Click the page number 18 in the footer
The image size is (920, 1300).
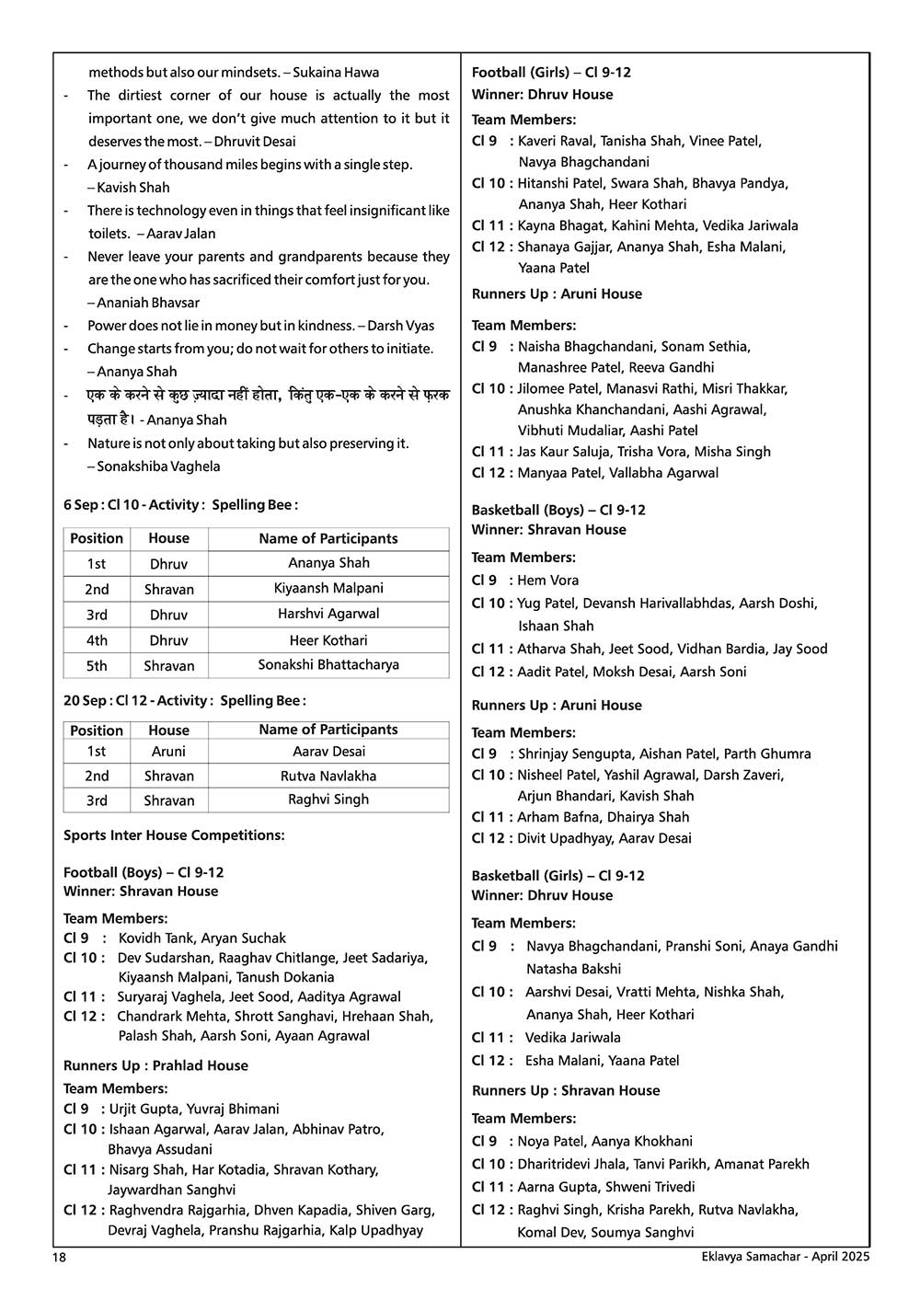(x=60, y=1257)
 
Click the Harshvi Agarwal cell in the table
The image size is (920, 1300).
(x=328, y=614)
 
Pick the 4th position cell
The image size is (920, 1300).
(x=97, y=640)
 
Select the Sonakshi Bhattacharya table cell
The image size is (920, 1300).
(x=328, y=664)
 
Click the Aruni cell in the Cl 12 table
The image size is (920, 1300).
(x=168, y=752)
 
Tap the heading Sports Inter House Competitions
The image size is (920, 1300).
(x=174, y=835)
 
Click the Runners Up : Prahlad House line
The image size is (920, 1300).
(x=155, y=1065)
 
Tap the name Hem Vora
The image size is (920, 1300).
(x=548, y=581)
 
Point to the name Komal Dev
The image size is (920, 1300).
(x=550, y=1233)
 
